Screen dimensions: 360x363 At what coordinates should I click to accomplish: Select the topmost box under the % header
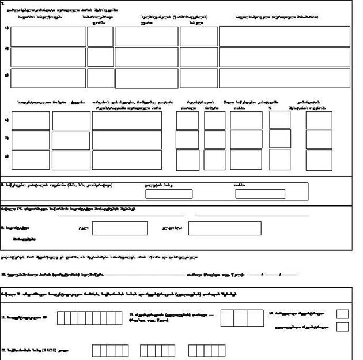280,120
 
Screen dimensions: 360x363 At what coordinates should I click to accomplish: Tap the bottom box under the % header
280,160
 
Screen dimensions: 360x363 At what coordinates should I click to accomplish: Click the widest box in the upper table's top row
284,36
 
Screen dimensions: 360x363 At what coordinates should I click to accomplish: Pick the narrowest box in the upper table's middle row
100,57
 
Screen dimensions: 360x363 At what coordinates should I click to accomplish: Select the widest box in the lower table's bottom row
127,160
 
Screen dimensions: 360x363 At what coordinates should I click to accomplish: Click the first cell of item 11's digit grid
61,318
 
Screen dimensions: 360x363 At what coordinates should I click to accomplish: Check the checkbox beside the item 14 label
342,314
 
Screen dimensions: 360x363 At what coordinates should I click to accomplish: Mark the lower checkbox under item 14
342,327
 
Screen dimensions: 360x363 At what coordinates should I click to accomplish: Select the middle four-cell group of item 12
157,350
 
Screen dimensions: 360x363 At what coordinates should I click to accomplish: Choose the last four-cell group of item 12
207,350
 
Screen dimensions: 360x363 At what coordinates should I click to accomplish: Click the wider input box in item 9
225,228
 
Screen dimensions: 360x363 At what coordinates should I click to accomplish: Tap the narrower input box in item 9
119,228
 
